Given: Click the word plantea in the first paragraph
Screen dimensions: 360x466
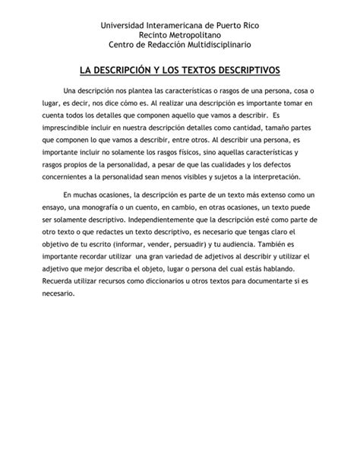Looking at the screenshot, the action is pyautogui.click(x=142, y=91).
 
